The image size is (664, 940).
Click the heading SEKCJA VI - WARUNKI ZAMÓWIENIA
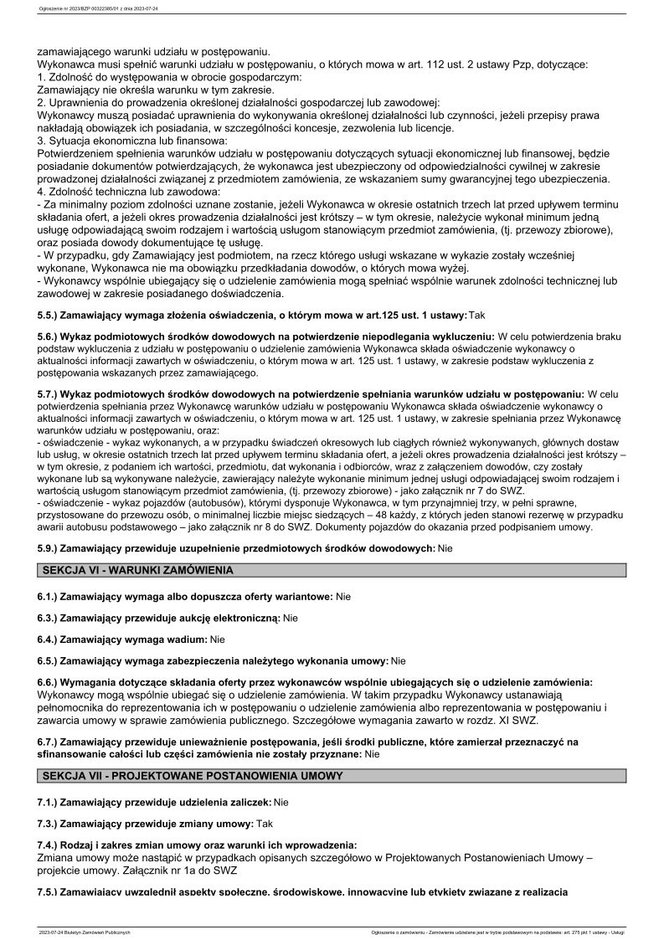[x=136, y=570]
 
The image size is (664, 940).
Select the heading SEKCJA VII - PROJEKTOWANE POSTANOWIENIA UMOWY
[x=192, y=776]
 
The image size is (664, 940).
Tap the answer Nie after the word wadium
[x=218, y=640]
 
